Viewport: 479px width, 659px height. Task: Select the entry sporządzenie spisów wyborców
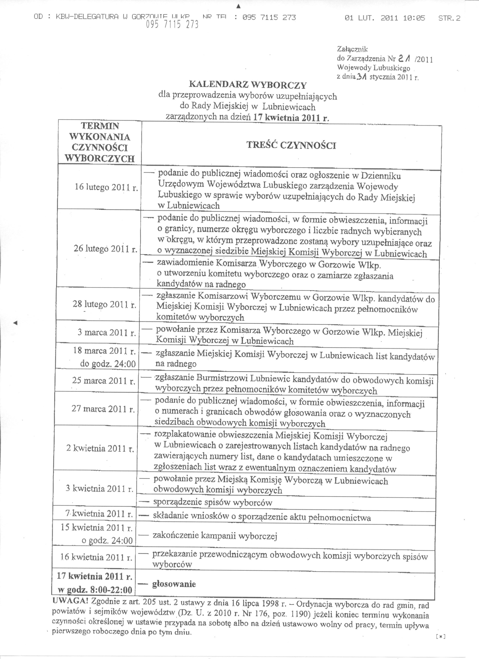(x=213, y=502)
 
